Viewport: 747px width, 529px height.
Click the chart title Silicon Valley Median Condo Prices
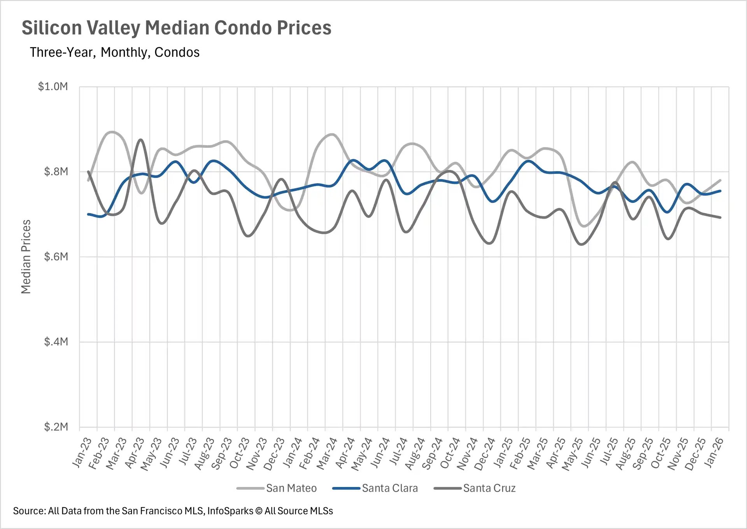[176, 28]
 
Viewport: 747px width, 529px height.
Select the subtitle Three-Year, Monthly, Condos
[114, 52]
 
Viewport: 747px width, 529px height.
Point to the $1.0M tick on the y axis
[53, 86]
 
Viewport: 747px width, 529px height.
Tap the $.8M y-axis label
[56, 172]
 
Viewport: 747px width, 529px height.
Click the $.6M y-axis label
[56, 257]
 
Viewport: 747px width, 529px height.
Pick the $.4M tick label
[56, 342]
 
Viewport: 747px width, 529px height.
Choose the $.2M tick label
[56, 427]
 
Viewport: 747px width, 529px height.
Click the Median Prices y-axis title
[26, 257]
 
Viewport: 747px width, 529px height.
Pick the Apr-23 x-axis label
[135, 452]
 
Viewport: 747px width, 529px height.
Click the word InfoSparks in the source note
[230, 511]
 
